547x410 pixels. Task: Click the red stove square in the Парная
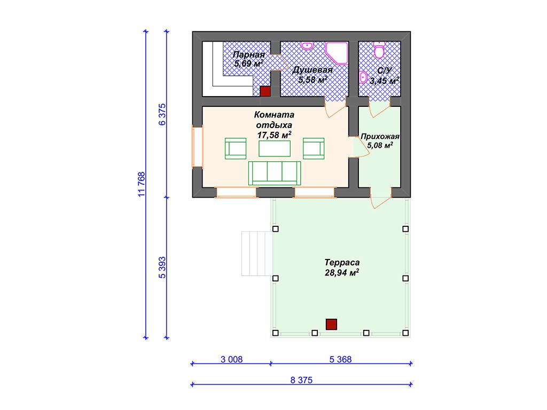pos(265,91)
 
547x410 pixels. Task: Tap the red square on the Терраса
pos(331,324)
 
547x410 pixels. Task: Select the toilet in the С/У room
pos(379,50)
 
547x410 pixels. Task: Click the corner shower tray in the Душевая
pos(337,53)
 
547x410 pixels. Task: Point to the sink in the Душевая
pos(307,46)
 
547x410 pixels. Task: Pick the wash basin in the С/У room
pos(363,77)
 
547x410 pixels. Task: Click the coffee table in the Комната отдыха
pos(275,148)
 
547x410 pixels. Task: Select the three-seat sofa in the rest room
pos(275,174)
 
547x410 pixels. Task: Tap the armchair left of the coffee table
pos(236,148)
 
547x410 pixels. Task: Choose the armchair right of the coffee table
pos(314,148)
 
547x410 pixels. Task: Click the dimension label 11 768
pos(141,184)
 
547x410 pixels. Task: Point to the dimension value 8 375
pos(301,380)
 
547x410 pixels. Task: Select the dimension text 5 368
pos(340,359)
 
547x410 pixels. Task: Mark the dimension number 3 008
pos(231,359)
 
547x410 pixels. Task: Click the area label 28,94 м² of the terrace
pos(342,273)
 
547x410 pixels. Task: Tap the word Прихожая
pos(380,136)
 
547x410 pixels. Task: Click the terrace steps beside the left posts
pos(256,254)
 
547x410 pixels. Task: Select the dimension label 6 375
pos(162,114)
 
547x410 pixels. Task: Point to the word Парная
pos(249,55)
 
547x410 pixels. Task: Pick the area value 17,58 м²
pos(274,135)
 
